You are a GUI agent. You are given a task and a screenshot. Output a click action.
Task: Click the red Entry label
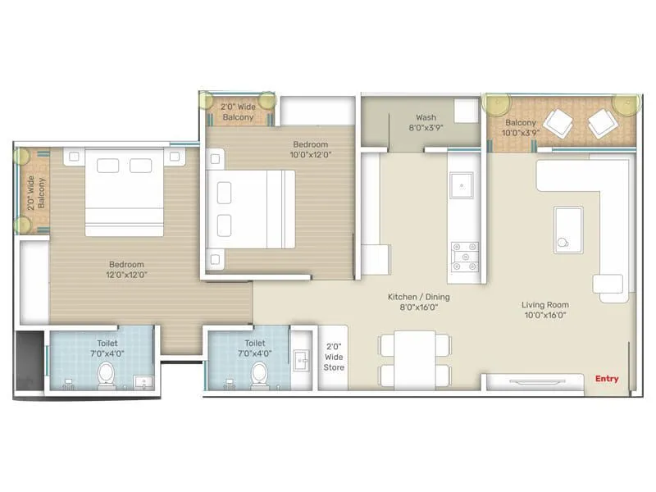pos(607,379)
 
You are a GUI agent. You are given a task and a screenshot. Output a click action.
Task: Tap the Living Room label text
pos(544,305)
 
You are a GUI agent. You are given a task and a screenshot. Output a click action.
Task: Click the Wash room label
pos(426,117)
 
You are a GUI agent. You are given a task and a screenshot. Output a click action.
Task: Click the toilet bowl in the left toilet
pos(106,375)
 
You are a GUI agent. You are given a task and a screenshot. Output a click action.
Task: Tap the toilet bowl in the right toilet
pos(260,373)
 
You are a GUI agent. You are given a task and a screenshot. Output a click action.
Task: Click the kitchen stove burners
pos(465,257)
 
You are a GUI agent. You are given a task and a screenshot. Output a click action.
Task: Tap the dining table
pos(414,359)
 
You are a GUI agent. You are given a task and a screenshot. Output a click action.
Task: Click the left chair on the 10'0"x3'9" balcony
pos(561,123)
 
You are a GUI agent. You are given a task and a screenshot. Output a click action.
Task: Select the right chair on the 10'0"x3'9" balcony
pos(604,124)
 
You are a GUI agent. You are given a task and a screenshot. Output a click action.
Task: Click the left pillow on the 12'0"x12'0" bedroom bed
pos(107,166)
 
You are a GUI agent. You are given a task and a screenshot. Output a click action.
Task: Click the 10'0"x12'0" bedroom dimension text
pos(309,155)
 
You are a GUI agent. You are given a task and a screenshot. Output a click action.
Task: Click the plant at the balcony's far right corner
pos(626,103)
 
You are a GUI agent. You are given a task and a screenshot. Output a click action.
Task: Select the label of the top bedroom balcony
pos(238,112)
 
